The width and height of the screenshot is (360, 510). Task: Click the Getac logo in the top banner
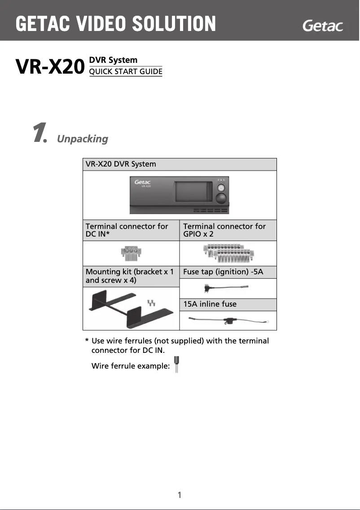[323, 26]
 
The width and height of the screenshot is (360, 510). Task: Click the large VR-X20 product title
[50, 68]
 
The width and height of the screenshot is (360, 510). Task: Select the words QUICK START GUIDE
[126, 71]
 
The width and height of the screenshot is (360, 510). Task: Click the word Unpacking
[83, 139]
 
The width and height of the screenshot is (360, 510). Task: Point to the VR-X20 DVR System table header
[121, 164]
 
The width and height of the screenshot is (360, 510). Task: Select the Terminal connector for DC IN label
[127, 230]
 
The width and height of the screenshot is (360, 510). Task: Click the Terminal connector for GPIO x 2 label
[224, 230]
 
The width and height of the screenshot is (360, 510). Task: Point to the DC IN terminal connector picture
[131, 254]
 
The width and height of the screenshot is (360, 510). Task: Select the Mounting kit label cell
[130, 276]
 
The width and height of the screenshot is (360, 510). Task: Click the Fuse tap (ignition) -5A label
[223, 272]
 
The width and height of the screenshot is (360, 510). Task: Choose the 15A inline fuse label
[210, 304]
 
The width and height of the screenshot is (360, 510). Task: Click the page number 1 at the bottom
[180, 495]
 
